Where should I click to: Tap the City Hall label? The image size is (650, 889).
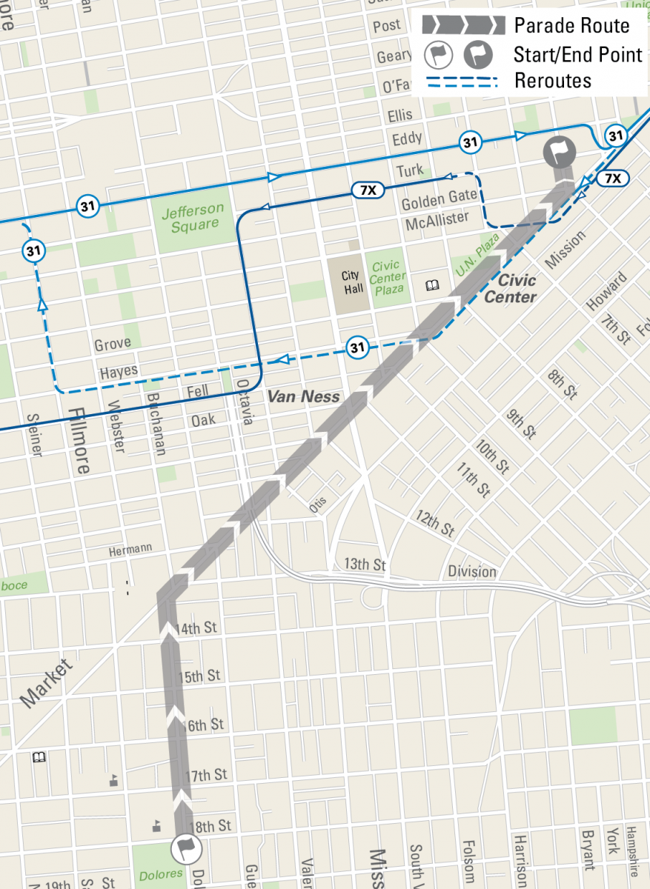(x=353, y=282)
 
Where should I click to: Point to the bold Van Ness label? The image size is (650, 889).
(x=303, y=397)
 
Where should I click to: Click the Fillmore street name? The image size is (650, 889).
(x=80, y=440)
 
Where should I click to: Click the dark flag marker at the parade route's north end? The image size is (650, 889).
(x=560, y=153)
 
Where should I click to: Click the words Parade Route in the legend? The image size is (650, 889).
(x=571, y=26)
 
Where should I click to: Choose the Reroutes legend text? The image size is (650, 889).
(x=553, y=80)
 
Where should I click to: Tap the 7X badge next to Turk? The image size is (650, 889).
(x=368, y=190)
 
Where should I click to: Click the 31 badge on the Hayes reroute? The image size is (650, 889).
(x=358, y=347)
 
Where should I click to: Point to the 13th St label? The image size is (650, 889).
(x=365, y=565)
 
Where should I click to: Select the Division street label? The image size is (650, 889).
(x=472, y=571)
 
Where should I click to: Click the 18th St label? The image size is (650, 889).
(x=210, y=825)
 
